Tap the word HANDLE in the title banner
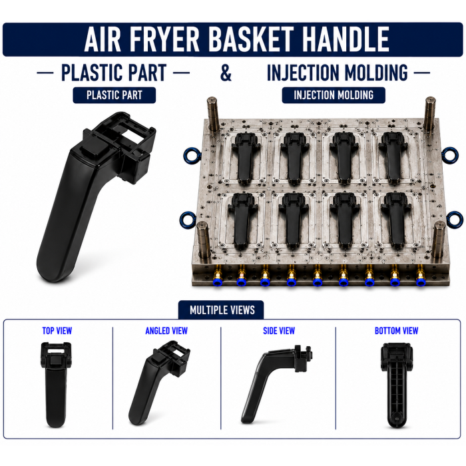click(346, 39)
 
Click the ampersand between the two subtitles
click(226, 73)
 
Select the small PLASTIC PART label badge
click(114, 95)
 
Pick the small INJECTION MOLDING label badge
click(334, 95)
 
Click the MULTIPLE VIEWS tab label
click(222, 310)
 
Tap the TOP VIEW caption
click(57, 331)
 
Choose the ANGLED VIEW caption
click(166, 331)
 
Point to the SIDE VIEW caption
click(279, 331)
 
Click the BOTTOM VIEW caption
click(397, 331)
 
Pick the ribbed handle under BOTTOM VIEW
click(396, 386)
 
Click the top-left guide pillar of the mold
click(213, 114)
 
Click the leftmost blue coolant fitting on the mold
click(218, 282)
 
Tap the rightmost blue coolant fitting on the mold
click(420, 281)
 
